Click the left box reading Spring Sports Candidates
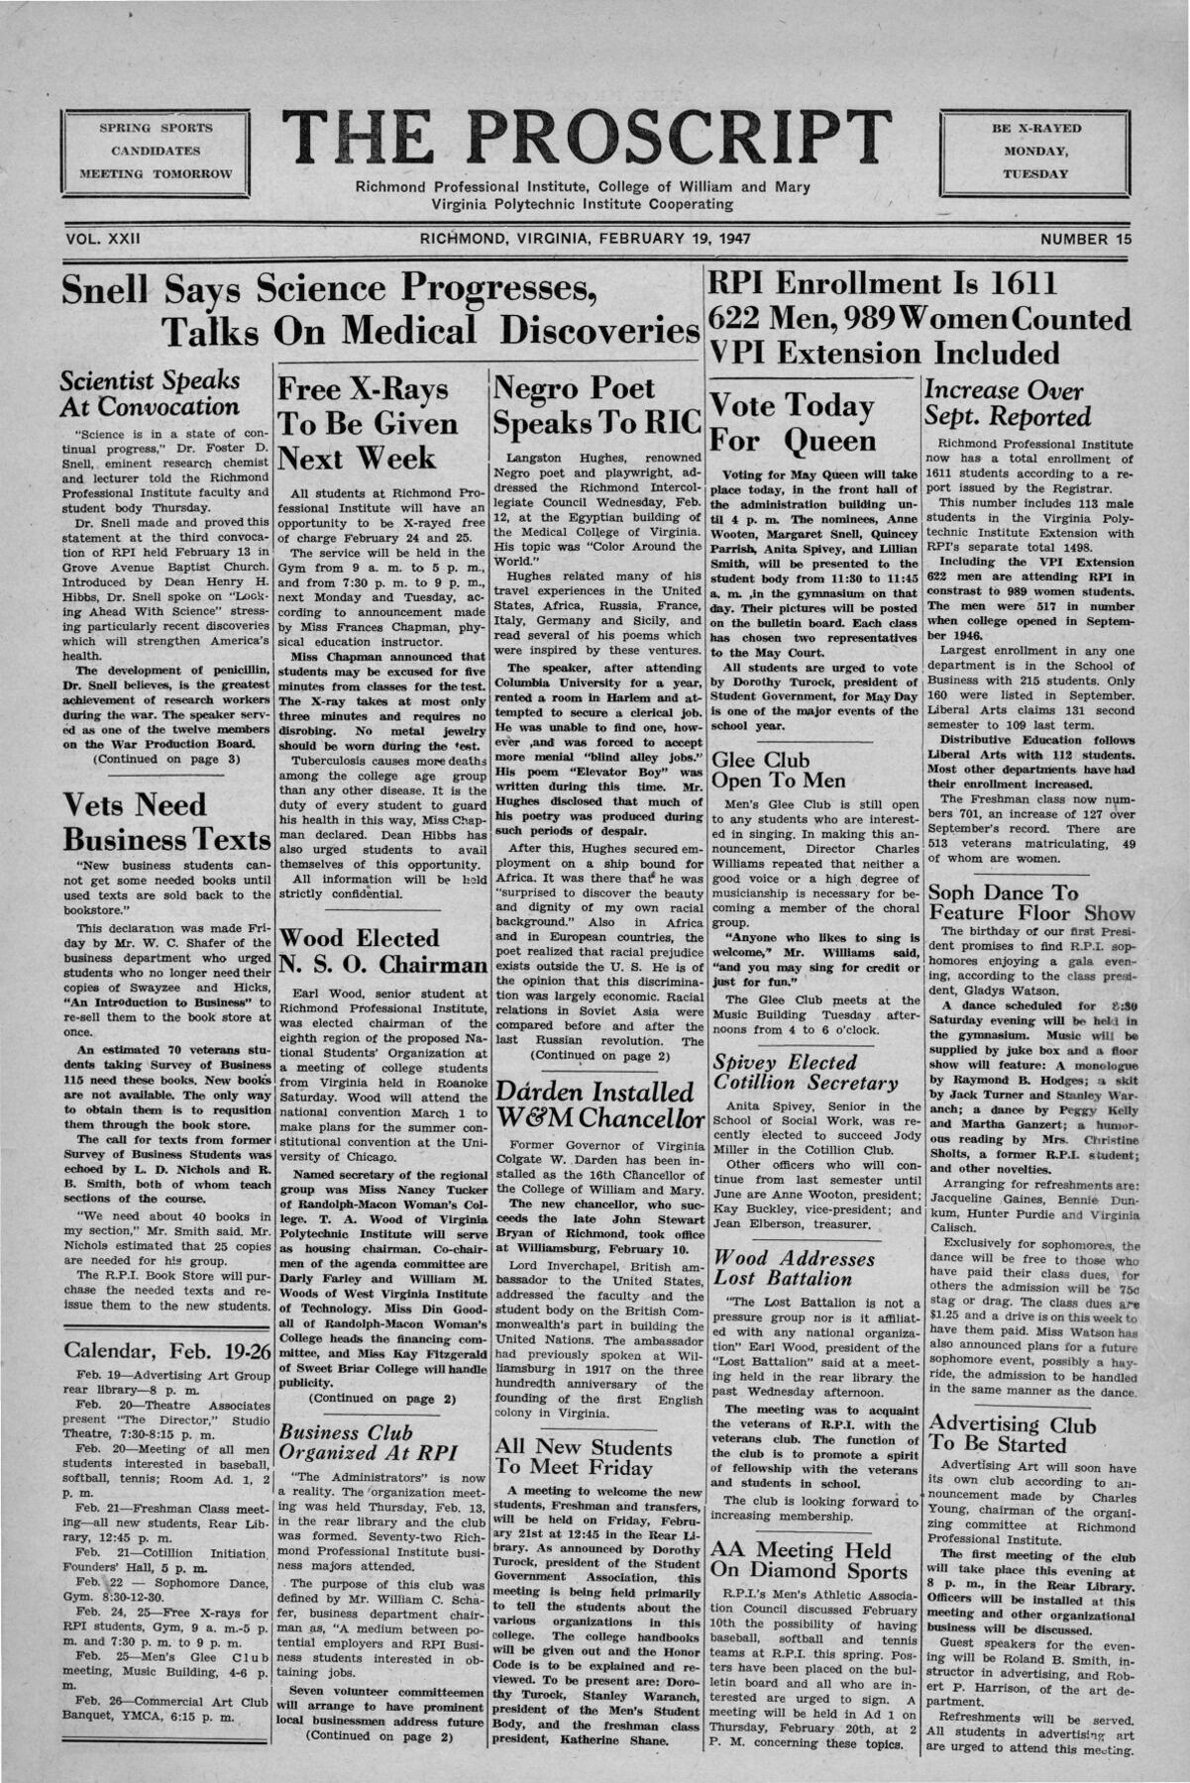155,151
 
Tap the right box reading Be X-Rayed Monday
1035,151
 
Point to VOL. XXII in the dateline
103,239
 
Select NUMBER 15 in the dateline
1085,239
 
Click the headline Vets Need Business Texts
165,821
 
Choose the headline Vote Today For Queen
793,423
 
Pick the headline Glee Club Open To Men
778,770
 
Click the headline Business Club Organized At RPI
367,1442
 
